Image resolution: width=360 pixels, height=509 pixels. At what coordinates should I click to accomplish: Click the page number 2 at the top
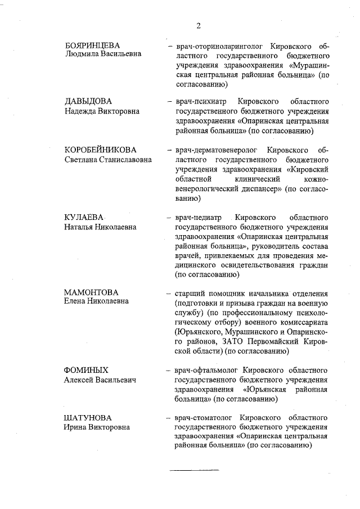pos(199,25)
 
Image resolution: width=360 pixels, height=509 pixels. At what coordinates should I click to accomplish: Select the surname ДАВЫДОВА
pos(88,101)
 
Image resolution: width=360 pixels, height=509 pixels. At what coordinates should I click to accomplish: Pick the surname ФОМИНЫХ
pos(86,370)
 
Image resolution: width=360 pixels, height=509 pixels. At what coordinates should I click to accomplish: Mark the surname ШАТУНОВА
pos(88,418)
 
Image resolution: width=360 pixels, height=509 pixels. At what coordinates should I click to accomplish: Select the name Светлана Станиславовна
pos(107,160)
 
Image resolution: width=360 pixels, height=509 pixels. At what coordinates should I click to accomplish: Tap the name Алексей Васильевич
pos(100,380)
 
